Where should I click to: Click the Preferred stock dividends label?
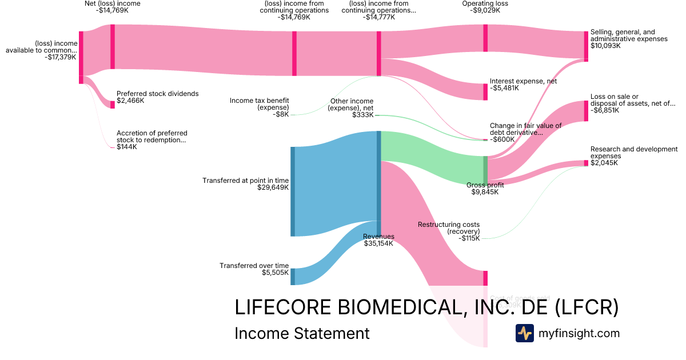click(157, 94)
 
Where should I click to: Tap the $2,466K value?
click(130, 101)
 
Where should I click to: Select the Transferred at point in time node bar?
click(293, 191)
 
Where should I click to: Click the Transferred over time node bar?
click(293, 277)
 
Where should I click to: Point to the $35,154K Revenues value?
click(378, 243)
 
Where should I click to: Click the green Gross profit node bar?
click(485, 170)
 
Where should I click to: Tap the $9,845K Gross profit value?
click(485, 192)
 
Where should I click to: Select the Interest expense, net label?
click(523, 81)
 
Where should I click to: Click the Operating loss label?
click(485, 3)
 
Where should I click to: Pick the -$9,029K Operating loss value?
click(485, 10)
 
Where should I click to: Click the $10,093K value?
click(605, 46)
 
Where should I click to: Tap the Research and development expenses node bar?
click(585, 163)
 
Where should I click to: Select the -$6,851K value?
click(605, 110)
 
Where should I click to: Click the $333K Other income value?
click(363, 115)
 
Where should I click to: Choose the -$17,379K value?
click(60, 57)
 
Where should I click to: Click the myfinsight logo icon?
click(524, 333)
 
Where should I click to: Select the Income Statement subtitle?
click(302, 333)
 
